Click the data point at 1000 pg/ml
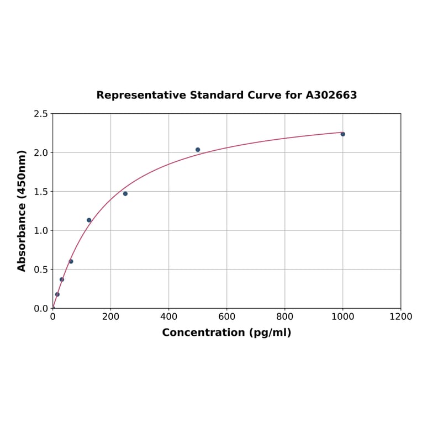[342, 134]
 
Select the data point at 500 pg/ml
[198, 150]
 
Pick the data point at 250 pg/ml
[125, 194]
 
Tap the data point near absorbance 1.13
[89, 220]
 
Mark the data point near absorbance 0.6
[71, 261]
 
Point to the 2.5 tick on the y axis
[40, 114]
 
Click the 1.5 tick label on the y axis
[40, 192]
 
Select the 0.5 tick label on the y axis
[40, 270]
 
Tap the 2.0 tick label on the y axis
[40, 152]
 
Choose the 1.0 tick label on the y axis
[40, 230]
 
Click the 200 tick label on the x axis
[110, 317]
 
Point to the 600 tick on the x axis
[226, 317]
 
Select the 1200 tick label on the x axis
[400, 317]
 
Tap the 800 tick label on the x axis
[284, 317]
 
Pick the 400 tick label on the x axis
[168, 317]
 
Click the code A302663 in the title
[331, 96]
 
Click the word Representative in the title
[141, 96]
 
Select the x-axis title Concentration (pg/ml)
[226, 333]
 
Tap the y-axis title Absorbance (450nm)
[22, 210]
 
